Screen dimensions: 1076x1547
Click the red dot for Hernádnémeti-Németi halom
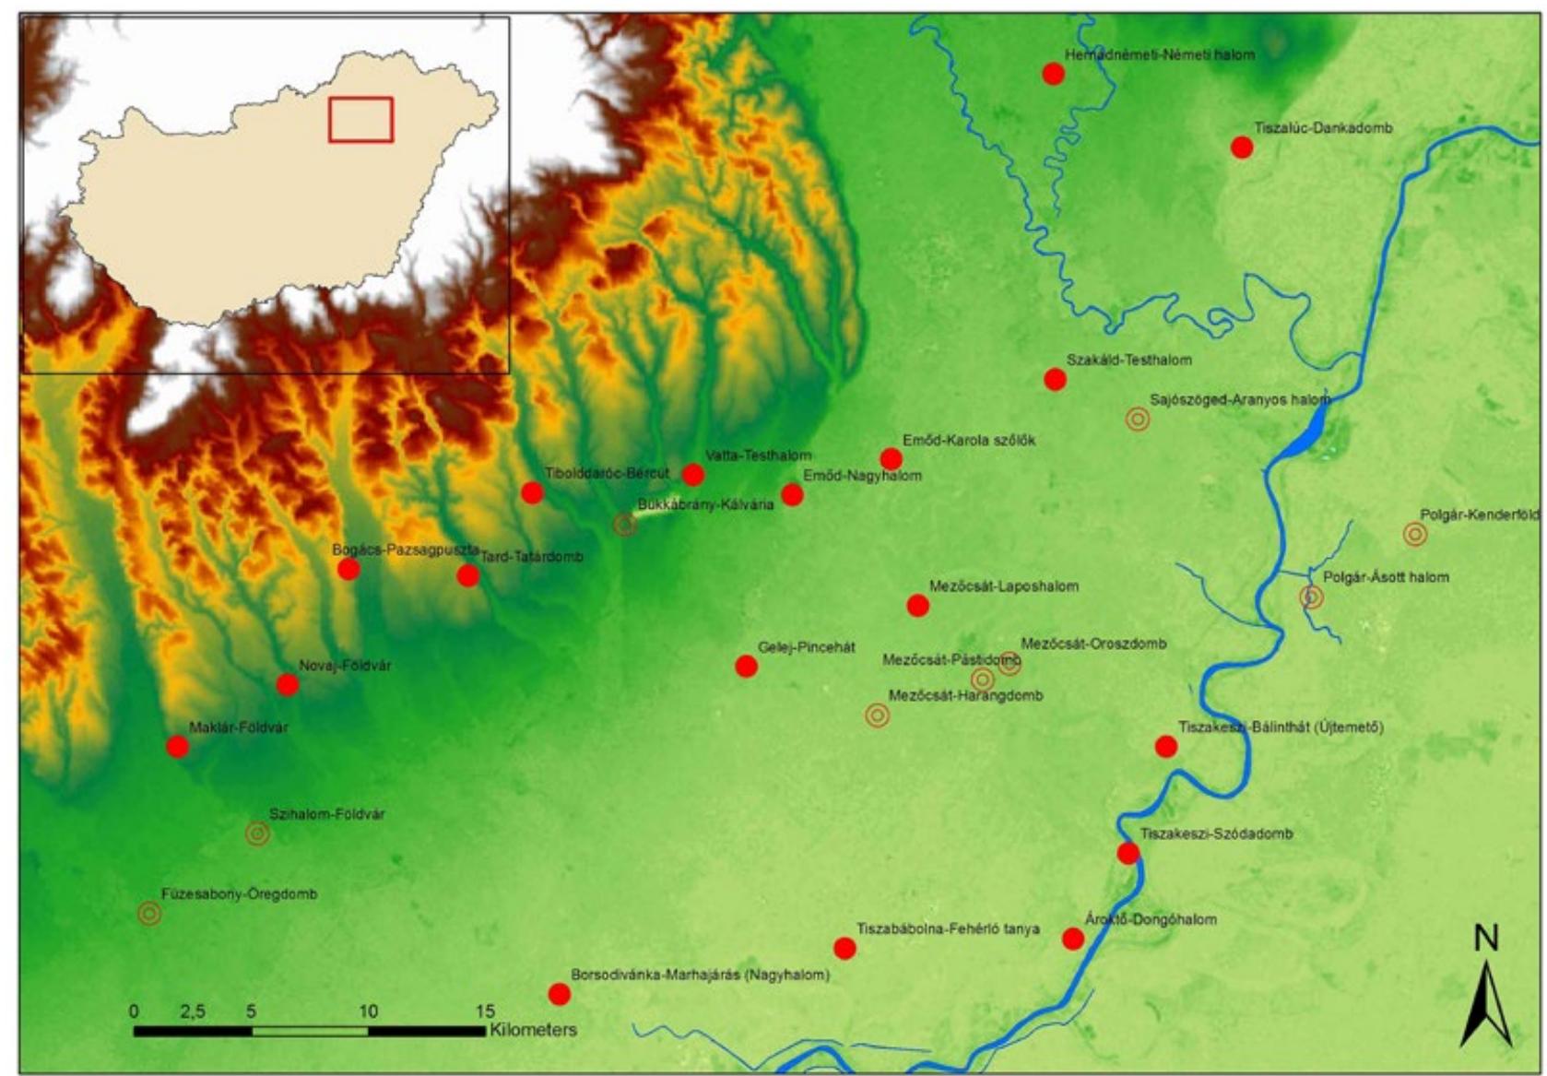1053,74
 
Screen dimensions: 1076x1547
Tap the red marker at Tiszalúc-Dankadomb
1242,148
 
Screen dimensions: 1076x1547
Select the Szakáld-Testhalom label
1128,361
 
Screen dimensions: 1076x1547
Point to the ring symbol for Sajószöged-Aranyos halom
1138,420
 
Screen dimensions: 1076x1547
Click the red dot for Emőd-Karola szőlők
891,459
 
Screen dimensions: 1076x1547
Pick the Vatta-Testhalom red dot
693,475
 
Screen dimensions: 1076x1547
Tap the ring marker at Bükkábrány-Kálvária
625,525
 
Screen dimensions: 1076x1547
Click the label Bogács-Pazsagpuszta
405,550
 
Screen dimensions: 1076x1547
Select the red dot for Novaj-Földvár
288,685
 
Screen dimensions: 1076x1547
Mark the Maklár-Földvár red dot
178,747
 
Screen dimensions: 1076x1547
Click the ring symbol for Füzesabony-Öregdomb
149,914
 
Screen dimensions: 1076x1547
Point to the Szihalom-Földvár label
326,815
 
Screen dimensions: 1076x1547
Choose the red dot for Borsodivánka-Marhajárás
560,994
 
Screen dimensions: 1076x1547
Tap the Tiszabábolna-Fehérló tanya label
948,929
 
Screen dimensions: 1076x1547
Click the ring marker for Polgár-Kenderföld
1415,534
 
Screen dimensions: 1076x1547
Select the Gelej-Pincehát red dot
747,666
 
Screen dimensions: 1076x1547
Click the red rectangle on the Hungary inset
360,120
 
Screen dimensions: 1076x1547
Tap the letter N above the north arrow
1485,939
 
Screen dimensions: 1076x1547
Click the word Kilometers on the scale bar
533,1030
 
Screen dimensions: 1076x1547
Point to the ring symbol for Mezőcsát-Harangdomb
878,715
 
